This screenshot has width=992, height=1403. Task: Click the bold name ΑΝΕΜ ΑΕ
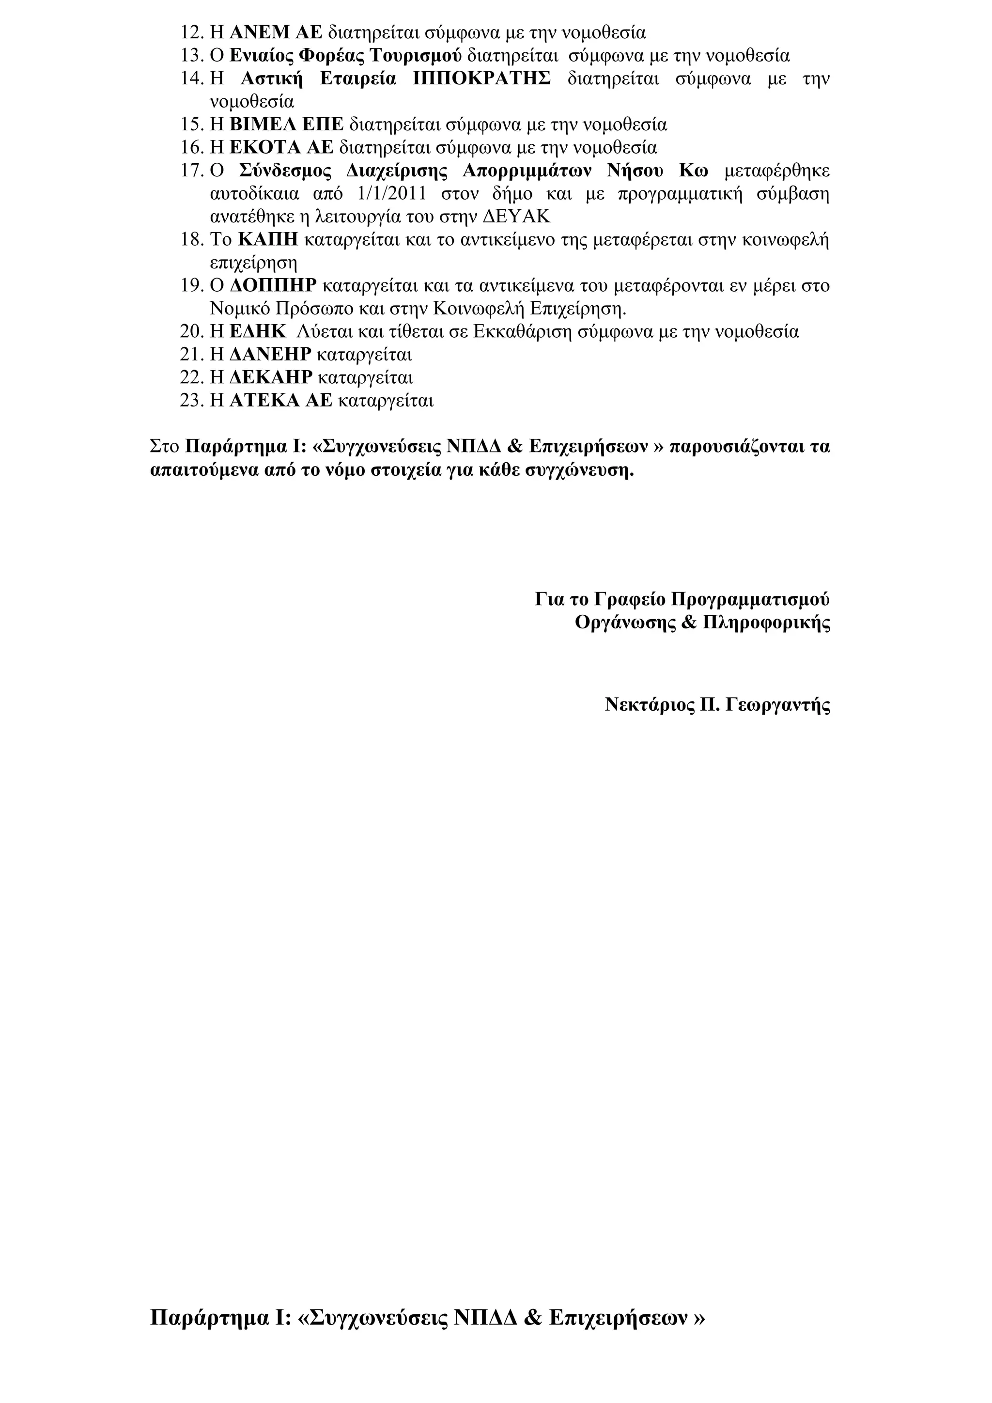click(276, 32)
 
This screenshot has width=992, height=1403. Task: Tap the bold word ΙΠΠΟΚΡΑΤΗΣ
click(482, 79)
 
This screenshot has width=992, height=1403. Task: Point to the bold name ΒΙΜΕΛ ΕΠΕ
click(286, 125)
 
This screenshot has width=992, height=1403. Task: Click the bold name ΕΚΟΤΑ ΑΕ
click(281, 148)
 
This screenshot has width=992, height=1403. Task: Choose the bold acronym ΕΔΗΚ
click(258, 332)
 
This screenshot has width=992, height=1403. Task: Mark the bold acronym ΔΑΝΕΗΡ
click(271, 355)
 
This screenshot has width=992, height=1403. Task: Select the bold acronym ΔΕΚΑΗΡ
click(271, 377)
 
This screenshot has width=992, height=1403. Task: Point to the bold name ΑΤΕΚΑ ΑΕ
click(281, 401)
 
